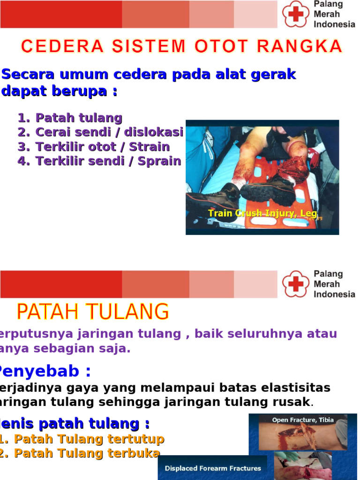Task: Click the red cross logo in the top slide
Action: [296, 14]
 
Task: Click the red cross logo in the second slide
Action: [296, 284]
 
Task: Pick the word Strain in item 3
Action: [150, 147]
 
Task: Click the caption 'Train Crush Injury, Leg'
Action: [262, 214]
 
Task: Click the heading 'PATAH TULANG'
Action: [93, 312]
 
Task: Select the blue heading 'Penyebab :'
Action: [44, 372]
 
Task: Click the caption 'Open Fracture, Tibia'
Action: [303, 420]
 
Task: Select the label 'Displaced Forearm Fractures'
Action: [213, 468]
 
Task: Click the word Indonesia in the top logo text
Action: [334, 24]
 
